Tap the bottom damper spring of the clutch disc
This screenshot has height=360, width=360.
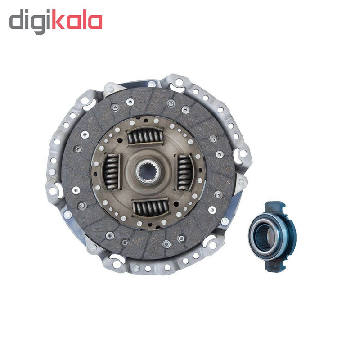150,208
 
